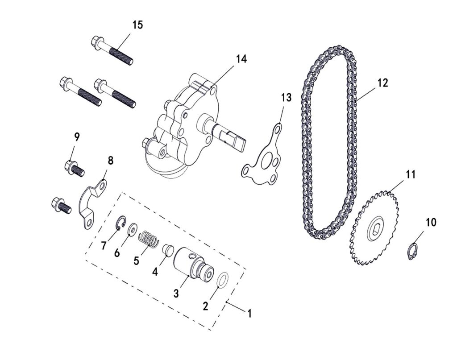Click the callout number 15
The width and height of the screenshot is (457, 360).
[x=137, y=25]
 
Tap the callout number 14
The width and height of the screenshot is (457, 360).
[x=241, y=59]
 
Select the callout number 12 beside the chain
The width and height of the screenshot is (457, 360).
[x=382, y=83]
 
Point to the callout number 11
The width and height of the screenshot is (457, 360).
[x=410, y=174]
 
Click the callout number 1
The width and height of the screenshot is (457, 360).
[x=249, y=314]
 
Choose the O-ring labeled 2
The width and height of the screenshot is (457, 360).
[x=223, y=281]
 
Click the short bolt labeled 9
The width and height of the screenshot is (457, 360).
[x=74, y=168]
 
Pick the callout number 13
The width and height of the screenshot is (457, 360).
[x=286, y=98]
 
